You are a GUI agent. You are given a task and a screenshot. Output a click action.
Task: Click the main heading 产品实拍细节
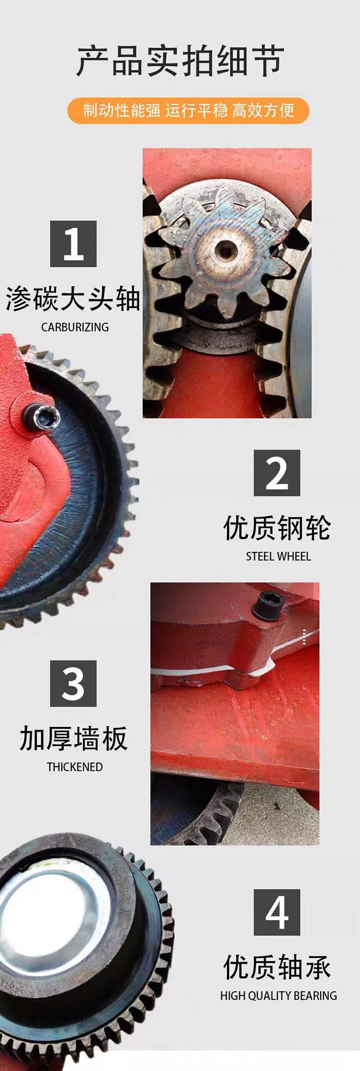click(x=180, y=62)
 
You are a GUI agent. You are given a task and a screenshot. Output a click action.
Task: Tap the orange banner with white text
click(x=188, y=110)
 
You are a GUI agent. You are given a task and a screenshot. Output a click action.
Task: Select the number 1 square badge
click(x=73, y=244)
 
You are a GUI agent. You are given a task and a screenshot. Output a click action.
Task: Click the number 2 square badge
click(x=277, y=473)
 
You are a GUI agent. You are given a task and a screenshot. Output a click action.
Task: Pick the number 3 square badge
click(x=73, y=683)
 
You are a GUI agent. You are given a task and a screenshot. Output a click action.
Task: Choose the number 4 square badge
click(x=277, y=912)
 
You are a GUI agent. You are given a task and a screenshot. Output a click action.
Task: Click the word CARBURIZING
click(x=75, y=327)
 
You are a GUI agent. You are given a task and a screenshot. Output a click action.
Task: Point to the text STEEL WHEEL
click(x=278, y=556)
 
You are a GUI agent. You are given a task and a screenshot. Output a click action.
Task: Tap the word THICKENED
click(x=75, y=767)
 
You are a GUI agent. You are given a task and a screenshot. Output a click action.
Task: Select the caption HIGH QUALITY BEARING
click(x=278, y=996)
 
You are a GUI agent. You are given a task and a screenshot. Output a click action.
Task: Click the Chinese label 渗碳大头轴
click(x=73, y=299)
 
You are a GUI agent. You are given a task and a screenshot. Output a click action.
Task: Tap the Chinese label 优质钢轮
click(x=277, y=528)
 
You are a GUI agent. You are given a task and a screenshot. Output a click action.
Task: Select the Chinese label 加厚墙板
click(x=73, y=738)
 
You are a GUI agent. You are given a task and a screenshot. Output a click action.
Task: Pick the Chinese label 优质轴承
click(x=277, y=967)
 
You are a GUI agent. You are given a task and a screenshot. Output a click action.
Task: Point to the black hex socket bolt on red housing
click(x=266, y=606)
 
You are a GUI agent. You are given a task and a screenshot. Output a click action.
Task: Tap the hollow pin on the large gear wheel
click(x=41, y=416)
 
